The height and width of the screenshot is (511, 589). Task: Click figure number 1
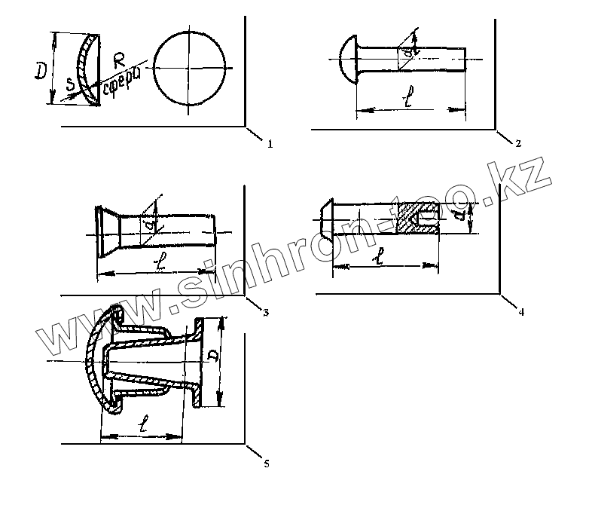coord(269,143)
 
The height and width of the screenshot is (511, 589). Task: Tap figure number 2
coord(518,143)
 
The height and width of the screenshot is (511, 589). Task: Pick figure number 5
coord(267,463)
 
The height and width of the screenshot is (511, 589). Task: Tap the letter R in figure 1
coord(117,61)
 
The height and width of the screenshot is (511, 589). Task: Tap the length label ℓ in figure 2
coord(407,101)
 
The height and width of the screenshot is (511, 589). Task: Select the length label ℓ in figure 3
coord(158,264)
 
